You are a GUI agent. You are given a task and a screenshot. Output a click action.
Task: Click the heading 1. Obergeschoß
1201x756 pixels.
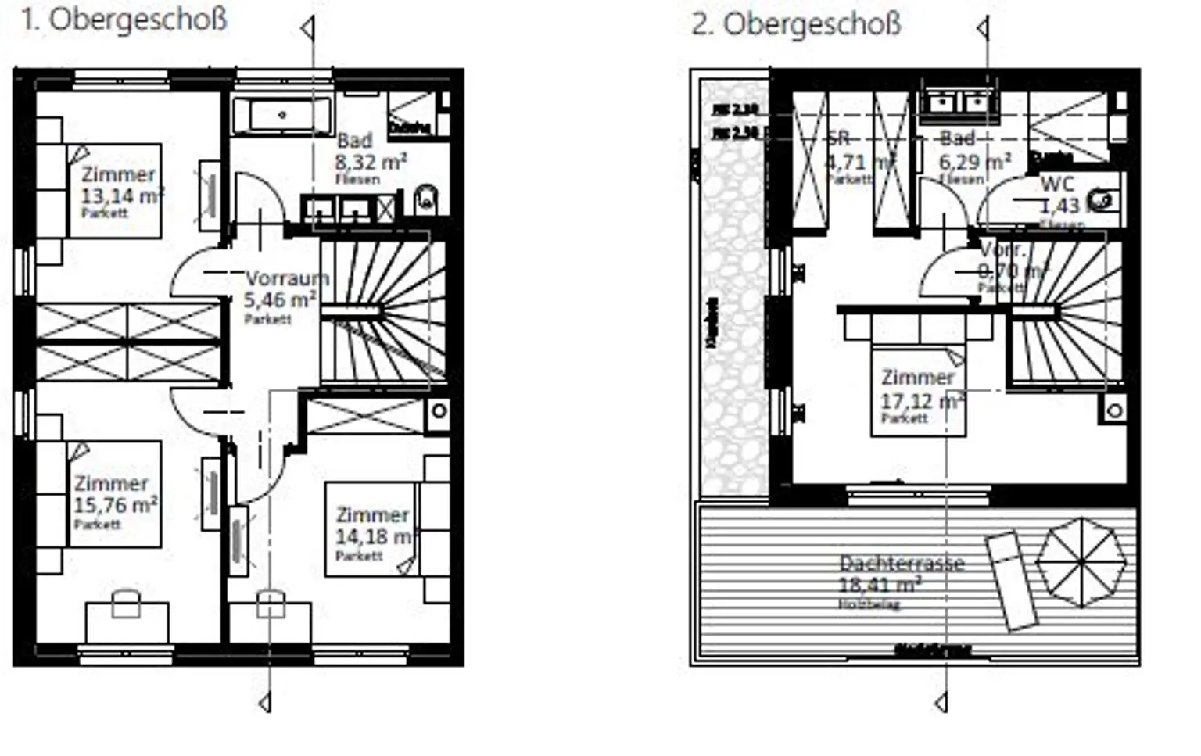click(x=124, y=20)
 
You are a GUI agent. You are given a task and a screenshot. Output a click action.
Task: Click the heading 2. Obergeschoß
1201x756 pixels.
click(x=796, y=24)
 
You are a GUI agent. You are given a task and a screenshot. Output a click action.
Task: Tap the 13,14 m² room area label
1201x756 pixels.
click(x=122, y=195)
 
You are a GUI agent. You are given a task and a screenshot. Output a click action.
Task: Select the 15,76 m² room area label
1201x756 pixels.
click(x=116, y=505)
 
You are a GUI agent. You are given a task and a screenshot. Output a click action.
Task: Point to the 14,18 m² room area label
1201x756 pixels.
click(x=373, y=537)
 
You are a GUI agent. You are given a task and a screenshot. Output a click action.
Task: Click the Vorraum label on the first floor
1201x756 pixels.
click(x=287, y=278)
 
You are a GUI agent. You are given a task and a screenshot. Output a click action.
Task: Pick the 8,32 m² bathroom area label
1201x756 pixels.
click(x=371, y=163)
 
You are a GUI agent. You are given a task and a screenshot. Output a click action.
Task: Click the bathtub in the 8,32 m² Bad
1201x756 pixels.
click(x=282, y=115)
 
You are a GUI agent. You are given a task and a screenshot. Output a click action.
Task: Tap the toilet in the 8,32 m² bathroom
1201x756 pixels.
click(x=426, y=199)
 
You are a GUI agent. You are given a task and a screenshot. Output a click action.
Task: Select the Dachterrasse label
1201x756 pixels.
click(x=902, y=563)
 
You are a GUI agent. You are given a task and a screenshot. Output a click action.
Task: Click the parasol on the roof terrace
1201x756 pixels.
click(x=1081, y=562)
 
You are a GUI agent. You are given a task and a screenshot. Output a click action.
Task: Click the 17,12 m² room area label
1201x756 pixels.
click(x=920, y=401)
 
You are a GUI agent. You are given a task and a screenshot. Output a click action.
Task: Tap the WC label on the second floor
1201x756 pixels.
click(x=1057, y=185)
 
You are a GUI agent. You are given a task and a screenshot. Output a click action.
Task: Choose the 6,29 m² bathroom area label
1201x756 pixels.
click(x=974, y=163)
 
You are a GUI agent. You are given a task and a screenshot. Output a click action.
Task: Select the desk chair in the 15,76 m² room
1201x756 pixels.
click(x=126, y=604)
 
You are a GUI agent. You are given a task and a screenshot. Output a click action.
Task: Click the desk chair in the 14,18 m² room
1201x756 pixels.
click(x=271, y=604)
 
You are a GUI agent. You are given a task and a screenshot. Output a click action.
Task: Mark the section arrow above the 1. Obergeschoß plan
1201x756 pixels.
click(x=307, y=29)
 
